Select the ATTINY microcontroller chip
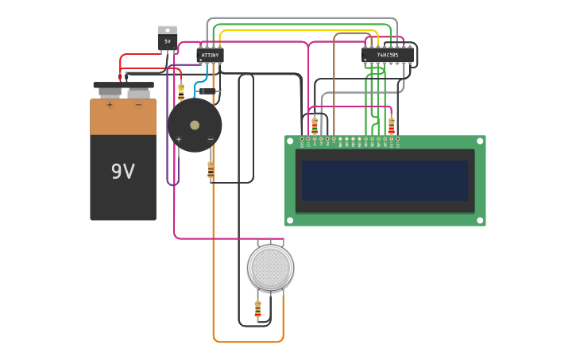pos(210,55)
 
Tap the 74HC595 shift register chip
pos(388,55)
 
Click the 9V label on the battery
pos(122,172)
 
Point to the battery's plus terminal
pos(110,104)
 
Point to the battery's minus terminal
pos(138,104)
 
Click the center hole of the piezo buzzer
pos(195,125)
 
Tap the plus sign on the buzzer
pos(178,139)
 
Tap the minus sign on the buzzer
pos(211,139)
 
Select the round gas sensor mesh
pos(270,267)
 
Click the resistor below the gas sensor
pos(257,309)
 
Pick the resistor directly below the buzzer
pos(211,170)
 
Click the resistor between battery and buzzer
pos(181,91)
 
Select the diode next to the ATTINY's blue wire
pos(208,91)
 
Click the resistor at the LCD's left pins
pos(315,126)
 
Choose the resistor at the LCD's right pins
pos(391,126)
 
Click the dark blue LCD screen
pos(385,180)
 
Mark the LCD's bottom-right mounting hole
pos(480,220)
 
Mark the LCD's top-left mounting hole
pos(291,141)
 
